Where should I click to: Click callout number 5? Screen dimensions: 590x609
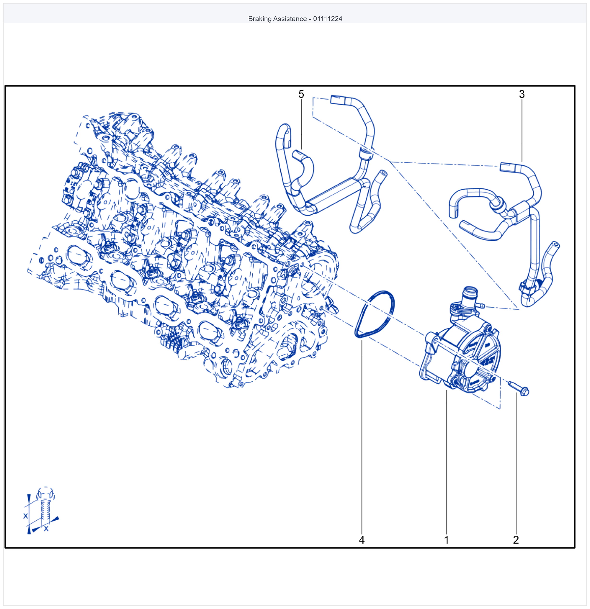pos(301,94)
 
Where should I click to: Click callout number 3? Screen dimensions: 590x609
pos(522,94)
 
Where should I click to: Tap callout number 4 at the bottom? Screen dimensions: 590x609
pos(361,540)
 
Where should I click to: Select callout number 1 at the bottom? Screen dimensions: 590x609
pos(446,540)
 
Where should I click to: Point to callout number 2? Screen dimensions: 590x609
pos(516,540)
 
